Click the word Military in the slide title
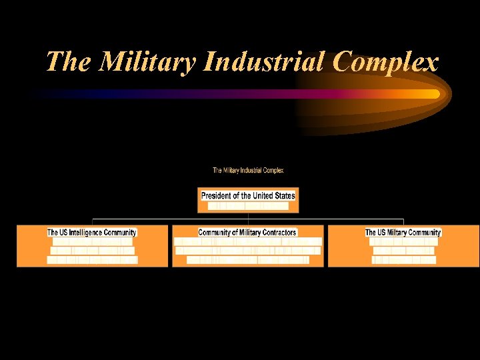coord(151,62)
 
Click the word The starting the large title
coord(69,62)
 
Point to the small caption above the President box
coord(248,171)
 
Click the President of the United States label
coord(248,195)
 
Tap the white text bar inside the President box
coord(248,206)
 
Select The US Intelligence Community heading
coord(92,233)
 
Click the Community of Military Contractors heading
coord(247,233)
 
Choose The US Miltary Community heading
coord(403,233)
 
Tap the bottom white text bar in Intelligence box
coord(92,260)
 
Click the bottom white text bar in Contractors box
coord(247,260)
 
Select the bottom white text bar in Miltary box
coord(403,260)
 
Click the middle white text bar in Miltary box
coord(403,251)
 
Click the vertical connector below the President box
coord(248,215)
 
